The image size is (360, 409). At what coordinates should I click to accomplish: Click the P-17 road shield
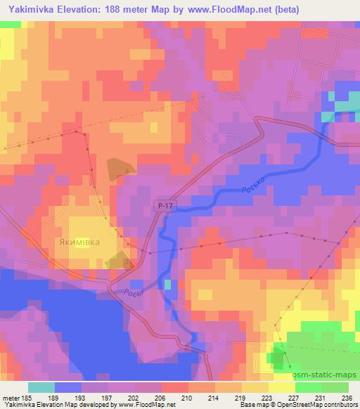[x=163, y=204]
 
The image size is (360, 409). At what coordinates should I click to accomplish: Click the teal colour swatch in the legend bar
[x=41, y=387]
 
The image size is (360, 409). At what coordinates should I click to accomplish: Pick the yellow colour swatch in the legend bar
[x=255, y=387]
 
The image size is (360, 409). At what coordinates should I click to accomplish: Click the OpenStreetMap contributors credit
[x=321, y=405]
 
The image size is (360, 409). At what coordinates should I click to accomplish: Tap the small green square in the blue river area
[x=167, y=284]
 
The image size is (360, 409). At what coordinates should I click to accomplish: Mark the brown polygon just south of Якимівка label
[x=117, y=261]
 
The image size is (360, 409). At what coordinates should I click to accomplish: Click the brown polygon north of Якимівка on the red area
[x=119, y=168]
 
